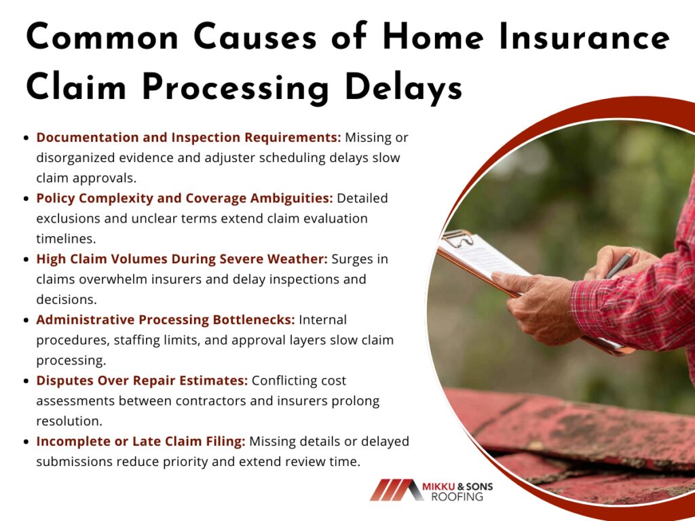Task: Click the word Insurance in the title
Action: tap(584, 37)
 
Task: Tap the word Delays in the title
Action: tap(403, 88)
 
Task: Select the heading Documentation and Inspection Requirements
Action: tap(189, 138)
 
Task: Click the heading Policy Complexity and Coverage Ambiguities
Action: tap(185, 199)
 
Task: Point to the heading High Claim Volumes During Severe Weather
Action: tap(182, 258)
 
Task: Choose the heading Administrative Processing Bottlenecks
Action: tap(166, 320)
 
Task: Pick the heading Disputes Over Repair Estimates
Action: tap(142, 381)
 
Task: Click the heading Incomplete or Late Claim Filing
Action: tap(140, 442)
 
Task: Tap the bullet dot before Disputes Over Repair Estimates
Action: tap(26, 381)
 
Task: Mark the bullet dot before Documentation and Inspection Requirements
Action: tap(26, 138)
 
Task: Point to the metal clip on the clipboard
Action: tap(457, 238)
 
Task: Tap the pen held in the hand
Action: tap(618, 265)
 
